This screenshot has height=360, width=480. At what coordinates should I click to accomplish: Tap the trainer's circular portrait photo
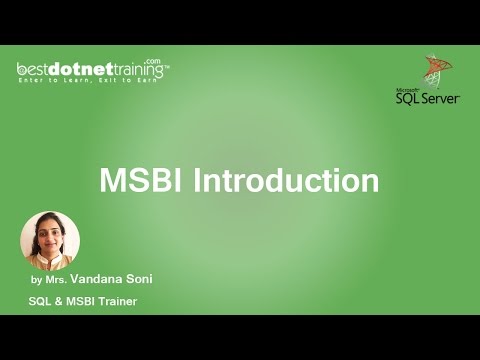click(50, 241)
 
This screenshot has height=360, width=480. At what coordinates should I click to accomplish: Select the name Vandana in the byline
click(113, 281)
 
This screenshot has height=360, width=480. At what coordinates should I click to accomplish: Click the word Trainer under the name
click(115, 301)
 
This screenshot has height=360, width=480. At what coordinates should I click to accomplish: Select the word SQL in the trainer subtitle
click(40, 301)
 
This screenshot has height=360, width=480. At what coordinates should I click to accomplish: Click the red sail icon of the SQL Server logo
click(435, 70)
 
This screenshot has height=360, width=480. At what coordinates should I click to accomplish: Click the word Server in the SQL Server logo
click(446, 97)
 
